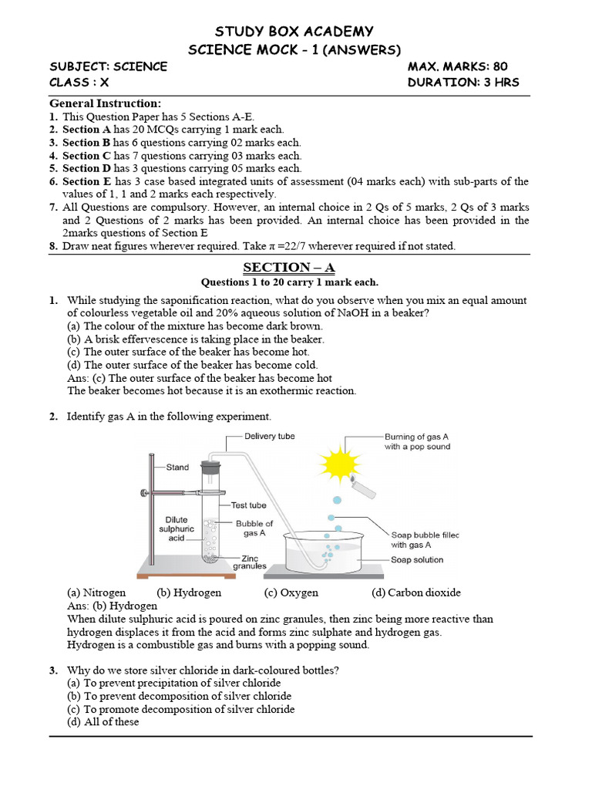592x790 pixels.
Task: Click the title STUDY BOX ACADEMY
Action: point(294,32)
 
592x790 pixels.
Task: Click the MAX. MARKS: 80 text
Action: point(457,66)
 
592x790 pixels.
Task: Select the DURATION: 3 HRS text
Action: point(463,83)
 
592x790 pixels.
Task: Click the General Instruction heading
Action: point(106,103)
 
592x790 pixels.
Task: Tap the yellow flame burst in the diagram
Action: point(340,464)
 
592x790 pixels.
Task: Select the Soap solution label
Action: point(417,560)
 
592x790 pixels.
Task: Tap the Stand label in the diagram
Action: point(178,468)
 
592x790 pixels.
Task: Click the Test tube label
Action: point(248,505)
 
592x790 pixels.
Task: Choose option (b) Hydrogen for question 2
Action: point(189,592)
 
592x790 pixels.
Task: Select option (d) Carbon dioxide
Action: point(415,592)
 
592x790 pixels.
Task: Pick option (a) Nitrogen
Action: point(96,592)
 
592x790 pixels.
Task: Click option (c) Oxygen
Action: point(291,592)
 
